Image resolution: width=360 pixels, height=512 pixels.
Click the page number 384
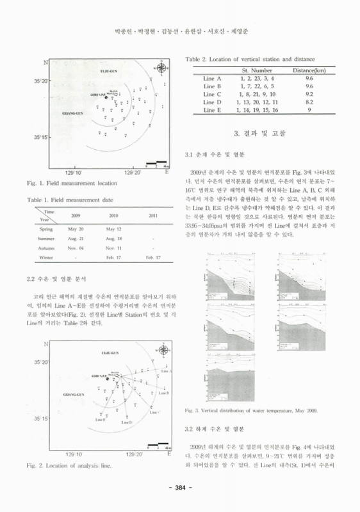(x=180, y=489)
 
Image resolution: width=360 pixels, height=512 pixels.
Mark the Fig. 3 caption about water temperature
(x=250, y=410)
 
